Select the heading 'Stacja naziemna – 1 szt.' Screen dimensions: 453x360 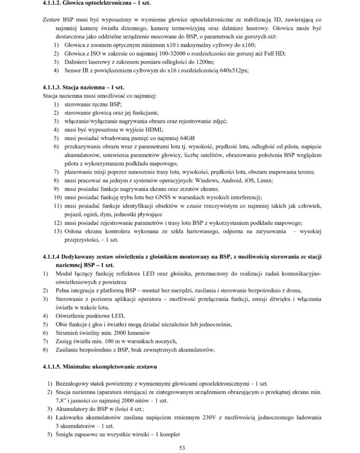coord(93,86)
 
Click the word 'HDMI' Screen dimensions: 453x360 coord(154,129)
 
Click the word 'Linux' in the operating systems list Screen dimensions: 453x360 coord(264,180)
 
